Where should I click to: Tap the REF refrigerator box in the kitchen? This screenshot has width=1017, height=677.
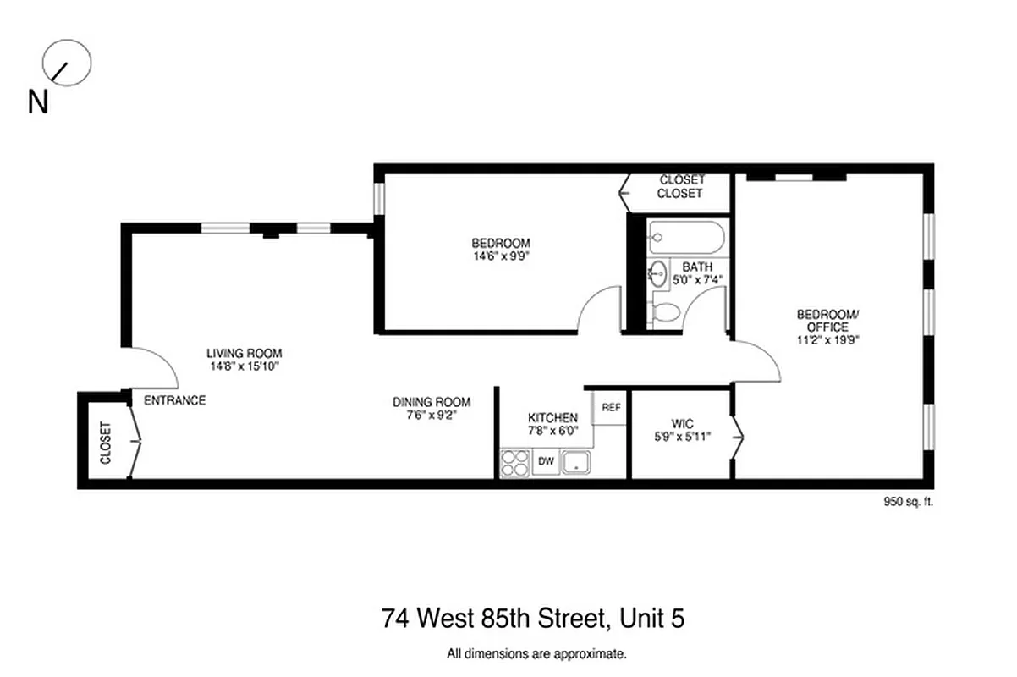click(611, 407)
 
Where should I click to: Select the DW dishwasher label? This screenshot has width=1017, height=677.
click(546, 462)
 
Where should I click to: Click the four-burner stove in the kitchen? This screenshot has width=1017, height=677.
click(514, 463)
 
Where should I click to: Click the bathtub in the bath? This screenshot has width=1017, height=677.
click(686, 237)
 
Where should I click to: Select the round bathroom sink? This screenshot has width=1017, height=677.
click(659, 273)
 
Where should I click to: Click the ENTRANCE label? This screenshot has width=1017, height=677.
click(174, 400)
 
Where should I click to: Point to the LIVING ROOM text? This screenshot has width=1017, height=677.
click(245, 353)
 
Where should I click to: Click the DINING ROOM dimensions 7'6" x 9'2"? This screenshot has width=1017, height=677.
click(431, 416)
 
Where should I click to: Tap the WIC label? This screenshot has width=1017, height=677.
click(682, 422)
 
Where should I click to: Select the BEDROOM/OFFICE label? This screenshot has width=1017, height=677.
click(827, 321)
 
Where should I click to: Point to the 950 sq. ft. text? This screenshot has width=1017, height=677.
click(908, 501)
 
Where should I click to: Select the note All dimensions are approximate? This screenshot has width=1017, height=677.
click(536, 653)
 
